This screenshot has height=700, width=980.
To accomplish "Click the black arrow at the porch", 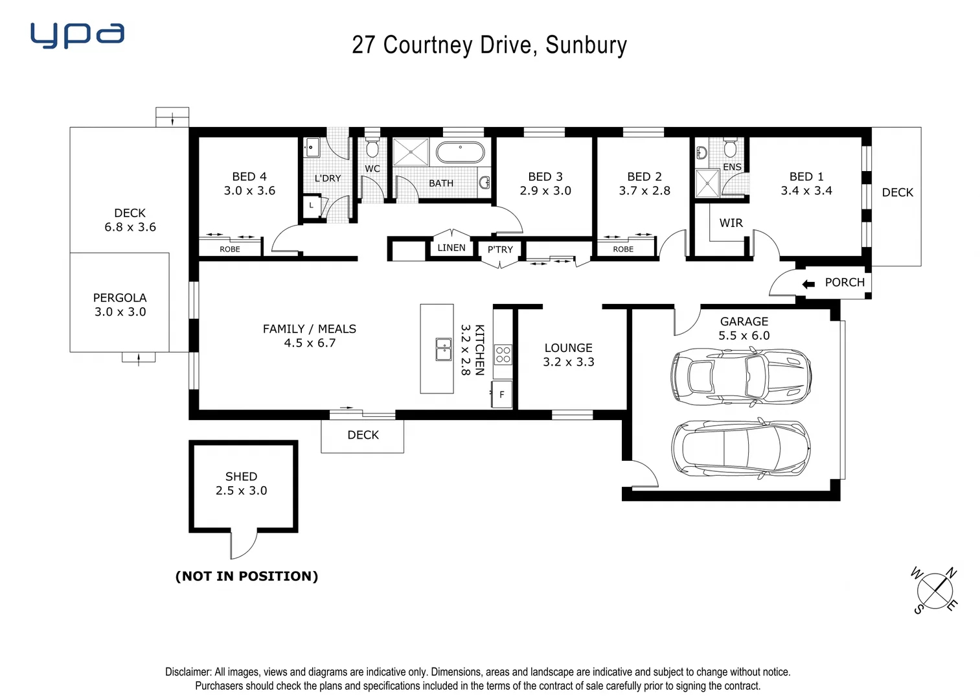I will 808,284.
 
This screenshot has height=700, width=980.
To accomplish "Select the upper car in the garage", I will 741,377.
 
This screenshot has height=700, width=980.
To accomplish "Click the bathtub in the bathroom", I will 460,153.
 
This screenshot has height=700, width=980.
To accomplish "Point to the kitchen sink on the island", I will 444,349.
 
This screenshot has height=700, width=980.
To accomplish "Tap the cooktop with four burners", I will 503,355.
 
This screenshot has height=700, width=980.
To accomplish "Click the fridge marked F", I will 501,394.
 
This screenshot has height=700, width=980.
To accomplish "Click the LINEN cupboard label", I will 451,248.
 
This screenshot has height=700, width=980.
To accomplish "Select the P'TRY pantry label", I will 500,250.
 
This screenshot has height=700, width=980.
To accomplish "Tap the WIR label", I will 731,223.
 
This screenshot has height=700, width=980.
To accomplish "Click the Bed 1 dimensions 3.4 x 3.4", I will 806,191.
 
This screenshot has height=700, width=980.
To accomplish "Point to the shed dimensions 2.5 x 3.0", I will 241,491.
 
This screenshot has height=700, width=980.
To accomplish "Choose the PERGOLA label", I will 120,297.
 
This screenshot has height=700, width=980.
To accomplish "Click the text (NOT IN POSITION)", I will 247,576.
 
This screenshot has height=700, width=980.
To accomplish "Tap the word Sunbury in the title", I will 586,45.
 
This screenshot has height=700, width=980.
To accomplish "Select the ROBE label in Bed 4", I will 229,250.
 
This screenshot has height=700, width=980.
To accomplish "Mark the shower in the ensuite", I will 707,183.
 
